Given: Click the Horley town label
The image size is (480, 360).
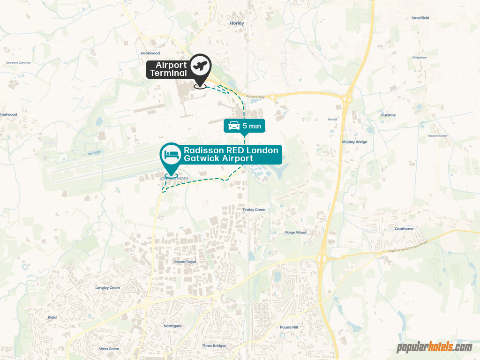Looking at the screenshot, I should pos(237,22).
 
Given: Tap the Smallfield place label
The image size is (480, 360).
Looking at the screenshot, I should pos(420,18).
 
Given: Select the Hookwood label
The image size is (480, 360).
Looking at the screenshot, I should pos(150,53).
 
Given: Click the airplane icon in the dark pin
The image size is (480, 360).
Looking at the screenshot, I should pos(201,65).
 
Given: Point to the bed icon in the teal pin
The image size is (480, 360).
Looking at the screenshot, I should pos(171,154).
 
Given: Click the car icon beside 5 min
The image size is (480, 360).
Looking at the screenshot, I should pos(234,126).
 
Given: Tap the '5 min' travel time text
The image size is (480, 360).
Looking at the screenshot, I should pos(252,126).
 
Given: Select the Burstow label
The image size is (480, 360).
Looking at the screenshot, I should pos(388,115).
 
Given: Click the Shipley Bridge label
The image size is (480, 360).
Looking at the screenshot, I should pos(355,142).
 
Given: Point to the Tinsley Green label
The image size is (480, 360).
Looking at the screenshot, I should pos(254,210).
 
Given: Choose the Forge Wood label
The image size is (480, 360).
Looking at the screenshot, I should pos(296,232).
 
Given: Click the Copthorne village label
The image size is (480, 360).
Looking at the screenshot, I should pos(404,229).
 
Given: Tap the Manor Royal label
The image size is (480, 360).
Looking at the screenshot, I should pos(185,262).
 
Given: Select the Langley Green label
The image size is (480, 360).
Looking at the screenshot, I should pos(107,288).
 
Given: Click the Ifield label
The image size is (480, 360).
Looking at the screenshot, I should pos(52,317).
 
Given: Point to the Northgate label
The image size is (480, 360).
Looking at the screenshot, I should pos(172,326).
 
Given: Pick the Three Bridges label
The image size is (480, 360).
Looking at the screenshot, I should pos(214,345).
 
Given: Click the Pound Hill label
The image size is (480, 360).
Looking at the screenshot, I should pos(289,327).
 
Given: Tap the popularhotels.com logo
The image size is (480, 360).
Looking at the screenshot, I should pos(434,347).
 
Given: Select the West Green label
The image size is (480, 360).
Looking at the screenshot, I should pos(109,349).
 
